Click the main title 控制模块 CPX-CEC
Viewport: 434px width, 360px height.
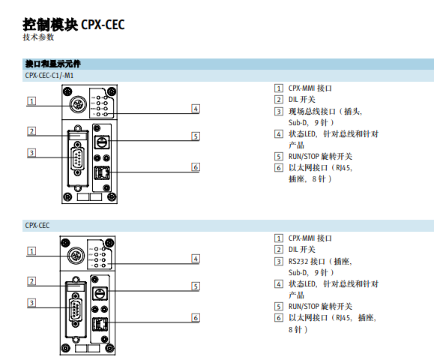point(73,25)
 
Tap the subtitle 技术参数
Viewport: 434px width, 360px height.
point(38,37)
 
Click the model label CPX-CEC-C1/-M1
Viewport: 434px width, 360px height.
point(49,76)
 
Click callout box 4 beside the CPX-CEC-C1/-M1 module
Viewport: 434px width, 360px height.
point(195,108)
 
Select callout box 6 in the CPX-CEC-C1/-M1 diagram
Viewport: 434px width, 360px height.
point(195,166)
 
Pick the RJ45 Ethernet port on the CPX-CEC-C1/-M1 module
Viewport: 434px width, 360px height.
point(102,173)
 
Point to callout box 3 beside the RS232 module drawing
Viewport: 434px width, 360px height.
point(31,302)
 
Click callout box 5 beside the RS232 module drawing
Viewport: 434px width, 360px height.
point(195,286)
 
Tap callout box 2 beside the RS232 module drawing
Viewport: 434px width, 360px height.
point(31,281)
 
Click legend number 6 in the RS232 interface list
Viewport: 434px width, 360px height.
point(279,317)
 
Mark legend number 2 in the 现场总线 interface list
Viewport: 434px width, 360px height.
point(279,99)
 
